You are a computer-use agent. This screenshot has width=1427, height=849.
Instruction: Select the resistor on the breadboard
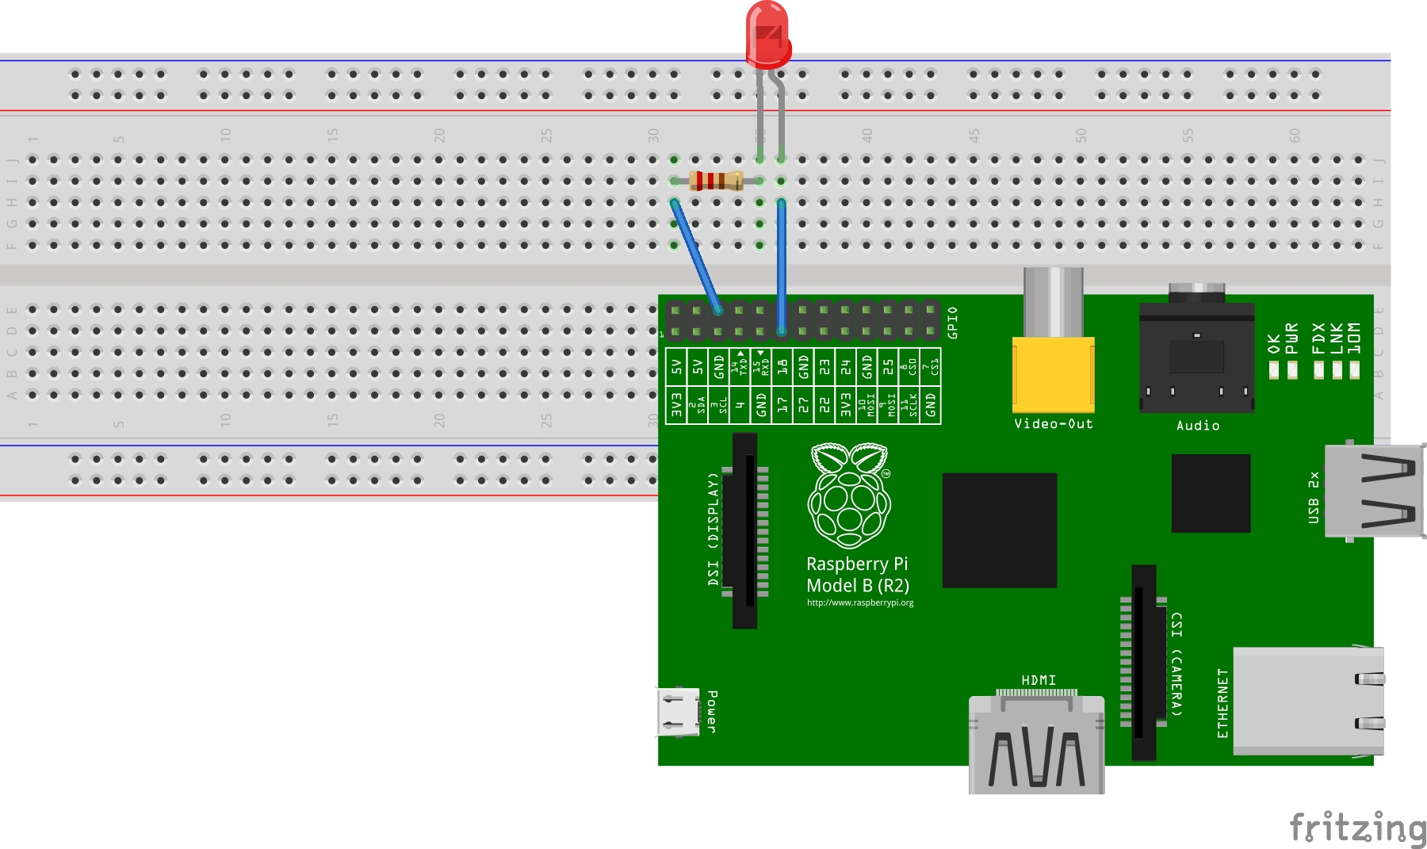pos(716,181)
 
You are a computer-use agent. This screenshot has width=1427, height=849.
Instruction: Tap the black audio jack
pos(1196,357)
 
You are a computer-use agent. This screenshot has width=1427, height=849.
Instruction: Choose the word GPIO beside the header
pos(952,323)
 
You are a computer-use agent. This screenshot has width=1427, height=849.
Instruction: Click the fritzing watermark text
pos(1357,828)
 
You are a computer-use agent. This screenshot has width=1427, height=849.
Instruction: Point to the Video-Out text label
pos(1053,424)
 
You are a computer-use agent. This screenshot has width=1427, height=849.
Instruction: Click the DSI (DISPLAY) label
pos(713,529)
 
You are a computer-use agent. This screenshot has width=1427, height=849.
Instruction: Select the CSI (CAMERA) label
pos(1176,664)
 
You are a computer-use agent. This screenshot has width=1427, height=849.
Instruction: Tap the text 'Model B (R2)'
pos(857,586)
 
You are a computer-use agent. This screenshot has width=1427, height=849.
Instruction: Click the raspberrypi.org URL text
pos(860,602)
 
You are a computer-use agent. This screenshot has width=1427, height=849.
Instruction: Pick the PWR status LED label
pos(1292,338)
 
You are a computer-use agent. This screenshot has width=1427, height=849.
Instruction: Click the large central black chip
pos(999,530)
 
